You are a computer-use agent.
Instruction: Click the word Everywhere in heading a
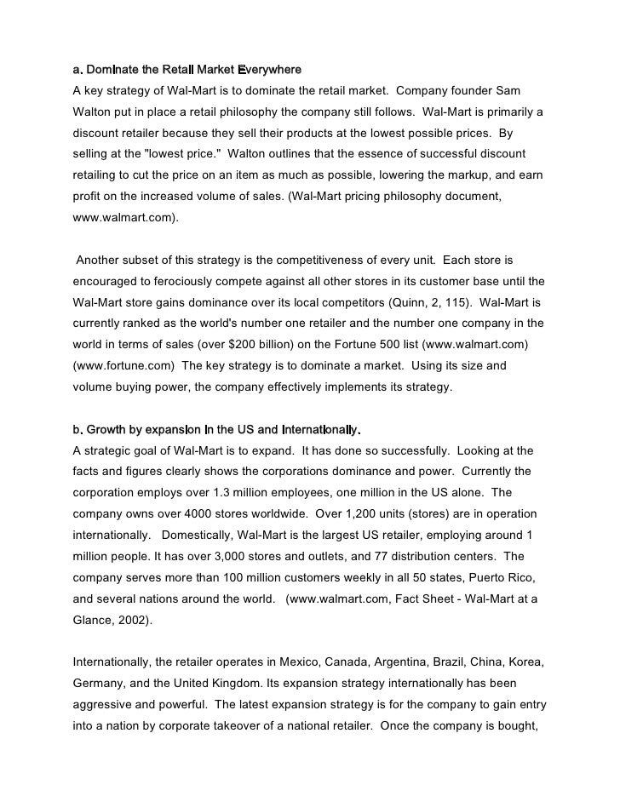[269, 68]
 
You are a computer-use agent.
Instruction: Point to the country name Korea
[525, 662]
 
